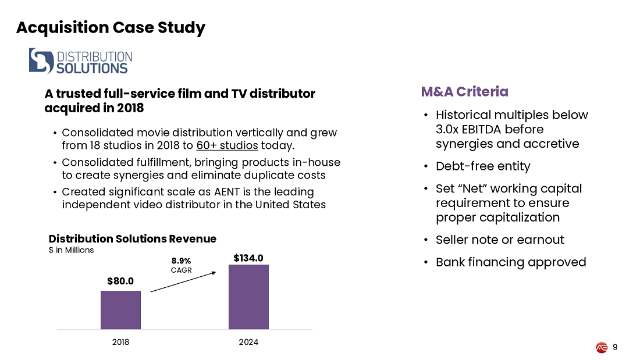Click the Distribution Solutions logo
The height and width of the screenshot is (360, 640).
click(80, 61)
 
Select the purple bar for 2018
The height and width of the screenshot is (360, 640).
click(120, 310)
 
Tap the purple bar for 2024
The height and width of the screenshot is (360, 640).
click(248, 297)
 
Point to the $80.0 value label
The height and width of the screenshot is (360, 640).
click(120, 281)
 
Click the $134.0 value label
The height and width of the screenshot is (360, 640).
click(248, 257)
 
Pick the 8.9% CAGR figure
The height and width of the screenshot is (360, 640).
click(181, 261)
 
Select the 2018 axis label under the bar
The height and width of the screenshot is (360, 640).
click(120, 342)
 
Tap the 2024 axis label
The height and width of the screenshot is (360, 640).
click(248, 342)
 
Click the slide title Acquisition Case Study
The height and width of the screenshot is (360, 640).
click(111, 27)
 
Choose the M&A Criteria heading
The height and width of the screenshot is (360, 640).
click(464, 92)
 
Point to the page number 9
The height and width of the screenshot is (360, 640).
click(615, 347)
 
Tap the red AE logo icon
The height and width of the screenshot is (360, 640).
click(602, 347)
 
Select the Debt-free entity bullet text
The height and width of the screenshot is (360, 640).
click(483, 166)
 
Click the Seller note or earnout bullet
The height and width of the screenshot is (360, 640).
click(500, 240)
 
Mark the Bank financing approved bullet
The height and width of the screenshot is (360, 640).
click(510, 262)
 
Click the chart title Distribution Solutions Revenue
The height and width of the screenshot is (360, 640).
click(132, 239)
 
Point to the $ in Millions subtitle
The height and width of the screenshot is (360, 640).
click(71, 250)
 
